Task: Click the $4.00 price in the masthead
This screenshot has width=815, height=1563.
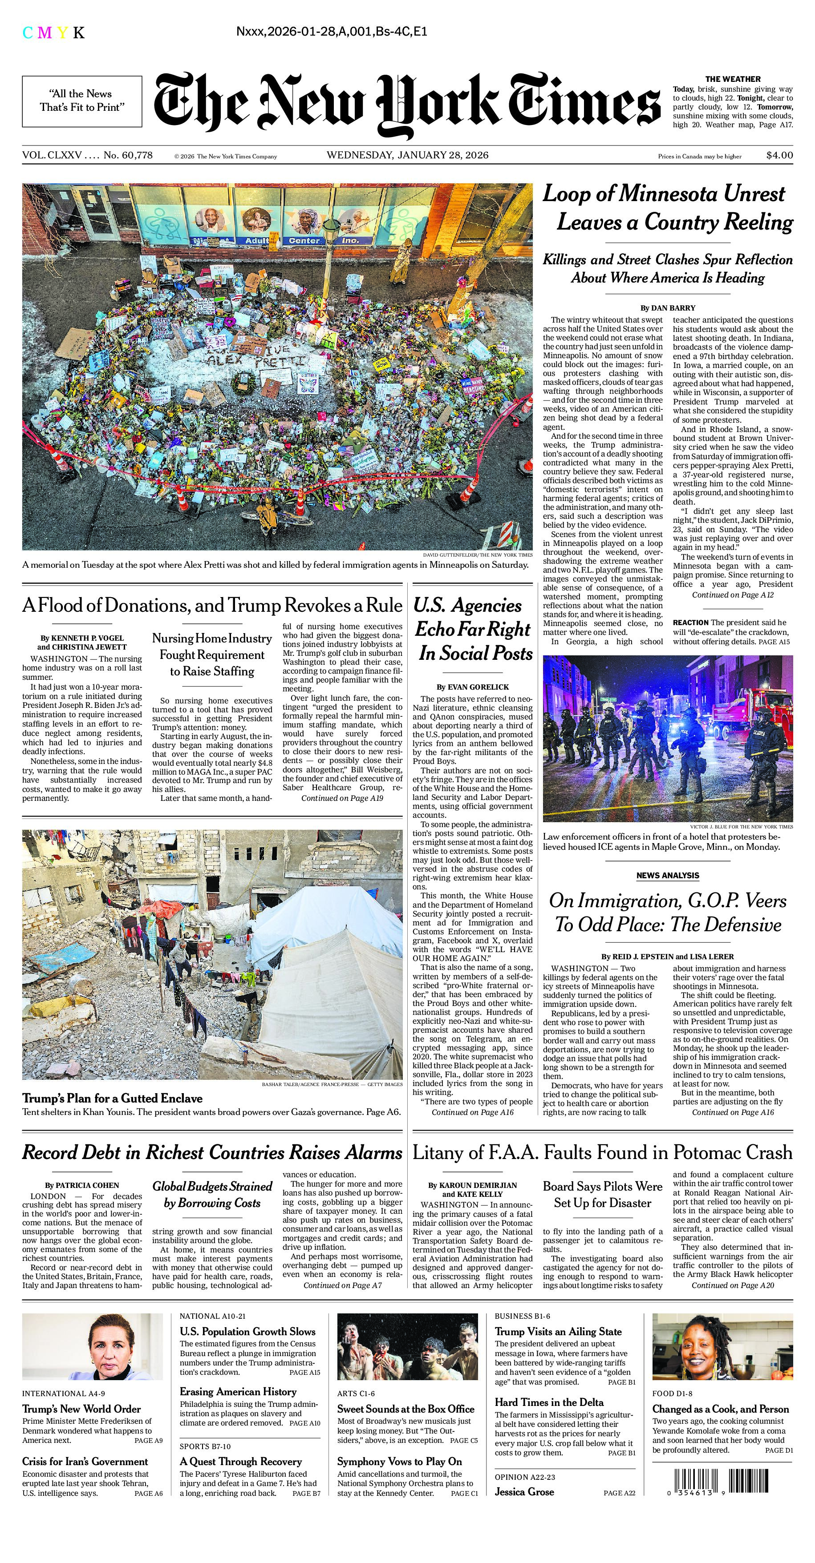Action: pyautogui.click(x=779, y=155)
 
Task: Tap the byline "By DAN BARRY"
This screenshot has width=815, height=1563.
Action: pyautogui.click(x=668, y=307)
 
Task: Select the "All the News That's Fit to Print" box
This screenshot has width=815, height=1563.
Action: pyautogui.click(x=82, y=101)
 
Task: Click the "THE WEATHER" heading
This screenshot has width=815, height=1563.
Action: pyautogui.click(x=733, y=79)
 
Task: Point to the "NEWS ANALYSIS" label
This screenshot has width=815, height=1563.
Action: pyautogui.click(x=668, y=876)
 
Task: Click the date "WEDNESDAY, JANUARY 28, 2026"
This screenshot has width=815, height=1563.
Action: pyautogui.click(x=407, y=155)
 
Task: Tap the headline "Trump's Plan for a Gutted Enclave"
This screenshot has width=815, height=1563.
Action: pyautogui.click(x=112, y=1098)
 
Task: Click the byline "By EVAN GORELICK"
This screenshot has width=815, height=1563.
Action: pyautogui.click(x=473, y=687)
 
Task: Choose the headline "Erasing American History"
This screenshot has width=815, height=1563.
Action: pyautogui.click(x=238, y=1391)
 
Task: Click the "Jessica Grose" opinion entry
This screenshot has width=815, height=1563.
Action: pyautogui.click(x=524, y=1492)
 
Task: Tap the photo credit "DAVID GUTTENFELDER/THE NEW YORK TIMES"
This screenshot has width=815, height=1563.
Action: pyautogui.click(x=478, y=554)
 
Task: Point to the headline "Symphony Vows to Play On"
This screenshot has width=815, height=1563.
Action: pyautogui.click(x=399, y=1462)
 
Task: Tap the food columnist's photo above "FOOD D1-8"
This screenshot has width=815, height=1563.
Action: pyautogui.click(x=722, y=1346)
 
